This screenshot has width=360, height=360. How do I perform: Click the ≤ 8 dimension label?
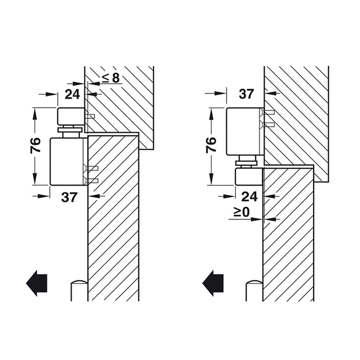click(x=111, y=78)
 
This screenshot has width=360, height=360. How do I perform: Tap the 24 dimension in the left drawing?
click(x=72, y=94)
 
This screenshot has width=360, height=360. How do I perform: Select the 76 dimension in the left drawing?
click(x=35, y=145)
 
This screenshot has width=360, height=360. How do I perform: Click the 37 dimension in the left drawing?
click(x=69, y=197)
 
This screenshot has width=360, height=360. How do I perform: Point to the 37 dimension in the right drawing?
click(x=246, y=94)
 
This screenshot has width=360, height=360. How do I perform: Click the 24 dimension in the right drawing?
click(x=250, y=197)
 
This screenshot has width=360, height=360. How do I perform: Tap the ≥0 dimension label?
click(x=242, y=212)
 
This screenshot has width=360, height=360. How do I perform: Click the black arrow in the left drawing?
click(x=37, y=283)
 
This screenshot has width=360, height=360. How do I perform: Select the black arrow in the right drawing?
click(x=212, y=283)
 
